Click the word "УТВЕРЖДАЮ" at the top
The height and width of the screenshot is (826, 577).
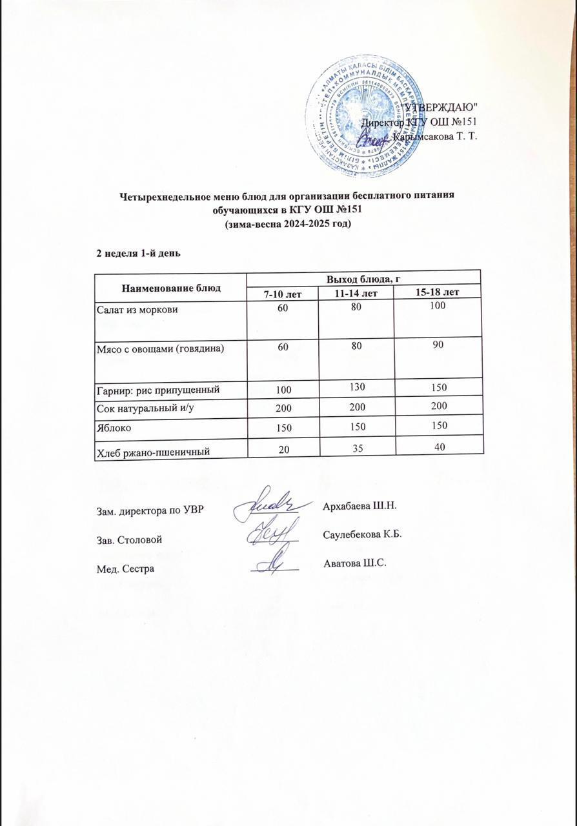click(x=440, y=106)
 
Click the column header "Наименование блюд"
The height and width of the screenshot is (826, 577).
click(x=171, y=287)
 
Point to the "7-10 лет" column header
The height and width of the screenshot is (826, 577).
click(x=283, y=294)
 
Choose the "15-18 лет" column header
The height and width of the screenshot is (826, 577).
click(x=437, y=293)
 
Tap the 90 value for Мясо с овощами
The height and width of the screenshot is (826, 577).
click(x=438, y=345)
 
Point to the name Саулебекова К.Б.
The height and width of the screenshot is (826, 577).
click(x=361, y=534)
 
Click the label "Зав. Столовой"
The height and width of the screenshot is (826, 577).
click(x=128, y=539)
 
